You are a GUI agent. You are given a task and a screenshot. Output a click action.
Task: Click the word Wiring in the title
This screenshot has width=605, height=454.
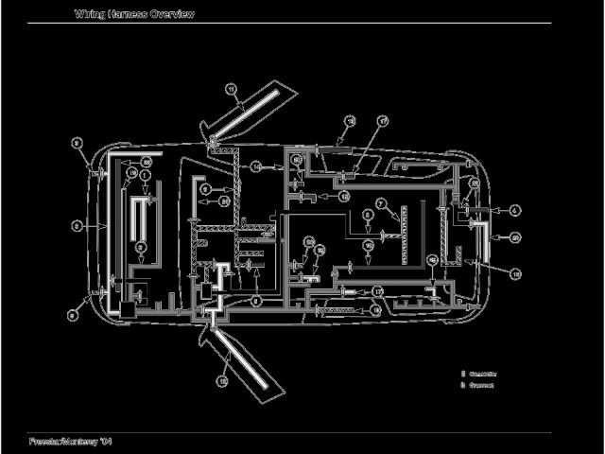coord(89,13)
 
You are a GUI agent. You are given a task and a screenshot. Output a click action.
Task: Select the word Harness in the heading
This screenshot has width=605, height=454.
coord(127,13)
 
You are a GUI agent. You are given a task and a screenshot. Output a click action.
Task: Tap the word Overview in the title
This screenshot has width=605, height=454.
coord(172,13)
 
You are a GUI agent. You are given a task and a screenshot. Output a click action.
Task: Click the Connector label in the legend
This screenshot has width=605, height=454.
coord(484,374)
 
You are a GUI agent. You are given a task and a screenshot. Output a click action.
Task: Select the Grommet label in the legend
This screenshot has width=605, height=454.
coord(482,385)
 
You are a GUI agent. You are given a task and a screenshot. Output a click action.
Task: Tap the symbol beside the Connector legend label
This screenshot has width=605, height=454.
coord(463,374)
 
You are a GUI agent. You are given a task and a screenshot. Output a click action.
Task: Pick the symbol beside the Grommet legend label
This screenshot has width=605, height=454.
coord(463,385)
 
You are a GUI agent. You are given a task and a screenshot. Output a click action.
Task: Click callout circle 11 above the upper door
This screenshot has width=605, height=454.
coord(231,89)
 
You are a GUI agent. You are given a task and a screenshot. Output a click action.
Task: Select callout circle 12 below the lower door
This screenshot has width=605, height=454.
coord(223,380)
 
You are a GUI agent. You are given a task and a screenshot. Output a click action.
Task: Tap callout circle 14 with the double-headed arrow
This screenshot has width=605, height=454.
coord(255,166)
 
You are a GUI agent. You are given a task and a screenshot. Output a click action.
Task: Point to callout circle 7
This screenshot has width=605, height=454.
coord(379,203)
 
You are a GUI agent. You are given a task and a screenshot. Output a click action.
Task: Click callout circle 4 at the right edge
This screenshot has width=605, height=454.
coord(515,210)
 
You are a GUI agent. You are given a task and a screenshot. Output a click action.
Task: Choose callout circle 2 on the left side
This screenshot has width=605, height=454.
coord(77,225)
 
